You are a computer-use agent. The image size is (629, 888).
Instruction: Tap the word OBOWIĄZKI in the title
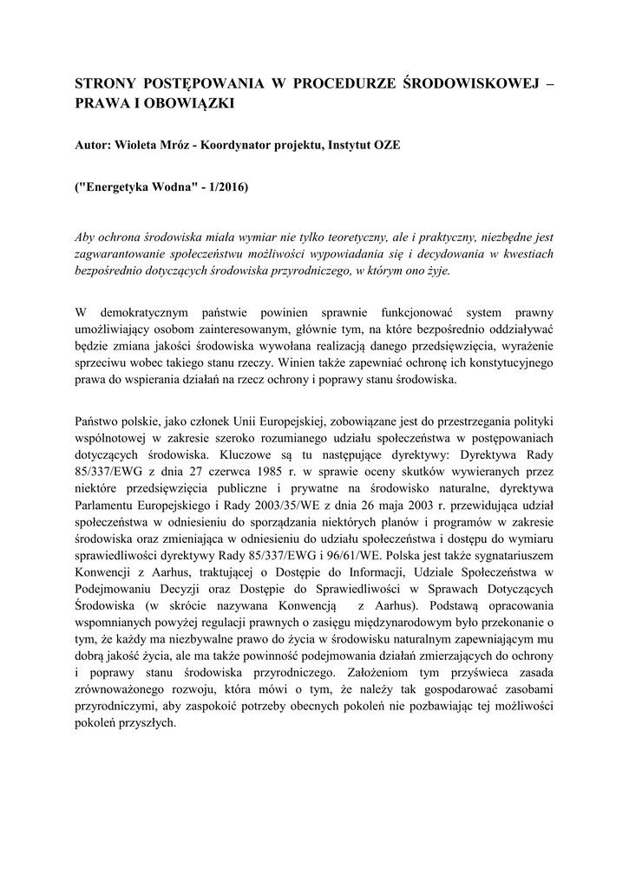196,103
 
